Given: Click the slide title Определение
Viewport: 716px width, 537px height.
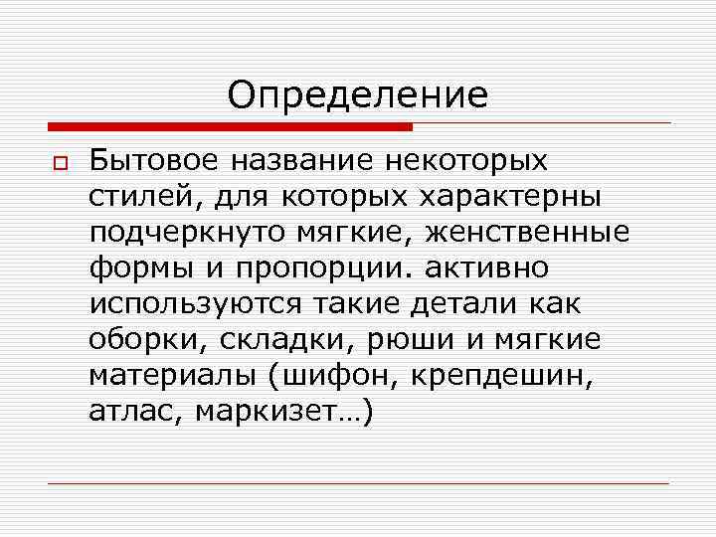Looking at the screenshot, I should [x=358, y=95].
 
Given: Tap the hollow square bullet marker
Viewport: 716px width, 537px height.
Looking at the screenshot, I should [x=58, y=163].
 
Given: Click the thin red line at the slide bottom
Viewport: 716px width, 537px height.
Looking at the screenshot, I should [x=358, y=483].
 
